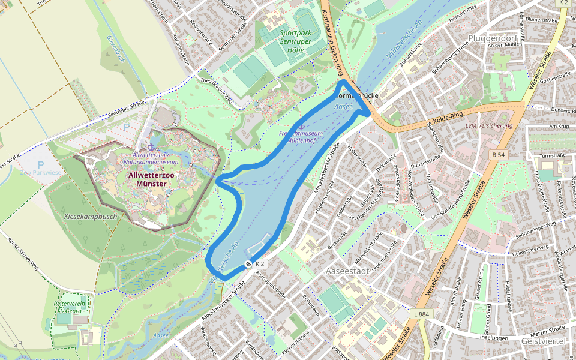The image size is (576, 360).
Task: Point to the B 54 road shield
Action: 498,155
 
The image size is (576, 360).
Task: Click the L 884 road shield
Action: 422,314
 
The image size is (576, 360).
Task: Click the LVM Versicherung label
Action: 489,125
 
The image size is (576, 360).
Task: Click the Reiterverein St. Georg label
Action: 72,307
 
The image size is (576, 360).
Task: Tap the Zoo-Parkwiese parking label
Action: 41,172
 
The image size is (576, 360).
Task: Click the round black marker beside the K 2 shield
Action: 248,264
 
